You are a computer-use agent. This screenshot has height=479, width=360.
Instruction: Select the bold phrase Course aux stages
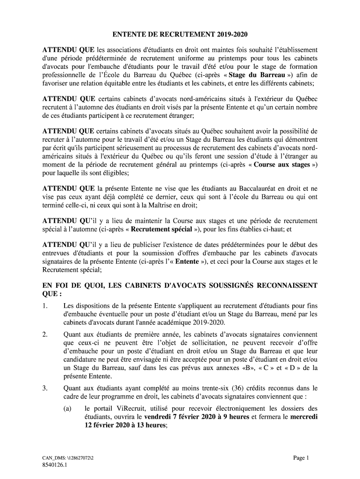[283, 165]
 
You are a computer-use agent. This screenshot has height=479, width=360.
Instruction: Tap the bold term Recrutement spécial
[161, 229]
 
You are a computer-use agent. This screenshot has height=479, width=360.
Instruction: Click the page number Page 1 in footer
[301, 457]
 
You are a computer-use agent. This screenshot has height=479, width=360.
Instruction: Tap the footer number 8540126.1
[55, 465]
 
